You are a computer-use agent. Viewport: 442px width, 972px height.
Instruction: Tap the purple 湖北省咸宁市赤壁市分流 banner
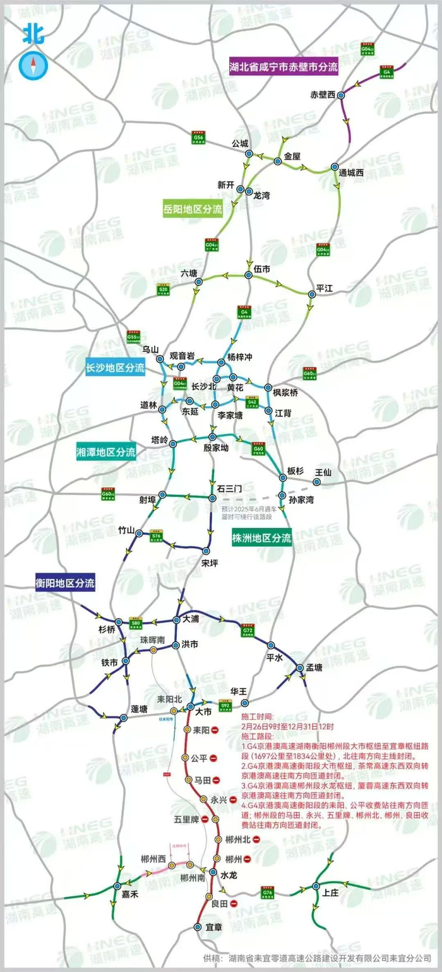click(x=284, y=65)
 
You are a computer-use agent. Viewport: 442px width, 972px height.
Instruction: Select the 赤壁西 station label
click(x=323, y=95)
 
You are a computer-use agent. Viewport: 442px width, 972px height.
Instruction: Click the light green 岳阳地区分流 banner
click(x=193, y=210)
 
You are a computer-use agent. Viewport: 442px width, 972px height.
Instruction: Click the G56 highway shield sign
click(x=199, y=137)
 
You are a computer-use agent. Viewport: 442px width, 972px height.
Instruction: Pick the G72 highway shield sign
click(x=247, y=630)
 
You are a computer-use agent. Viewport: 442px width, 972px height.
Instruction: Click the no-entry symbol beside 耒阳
click(x=215, y=730)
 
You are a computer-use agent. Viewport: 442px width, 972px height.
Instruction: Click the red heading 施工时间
click(x=258, y=717)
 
